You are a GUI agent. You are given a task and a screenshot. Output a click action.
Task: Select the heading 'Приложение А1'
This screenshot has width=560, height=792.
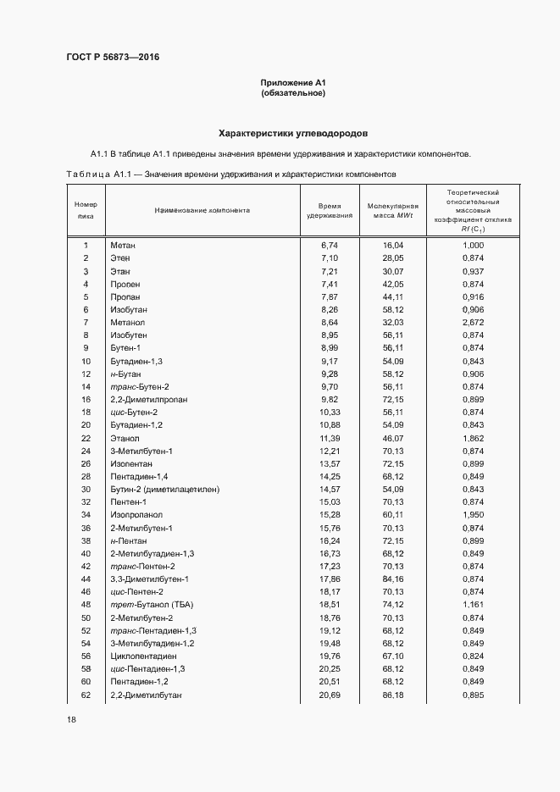(x=293, y=82)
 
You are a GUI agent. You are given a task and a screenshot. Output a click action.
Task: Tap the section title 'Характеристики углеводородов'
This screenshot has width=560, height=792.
(x=293, y=133)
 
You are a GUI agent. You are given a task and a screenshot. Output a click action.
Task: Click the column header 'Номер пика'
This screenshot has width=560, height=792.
(x=86, y=210)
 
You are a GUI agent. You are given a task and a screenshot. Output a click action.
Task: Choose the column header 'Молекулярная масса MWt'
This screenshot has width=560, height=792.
(x=393, y=211)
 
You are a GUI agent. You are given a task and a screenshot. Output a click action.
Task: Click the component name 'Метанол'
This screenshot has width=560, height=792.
(x=128, y=324)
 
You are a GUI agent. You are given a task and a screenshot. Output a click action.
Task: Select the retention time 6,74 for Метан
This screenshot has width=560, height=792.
(x=330, y=245)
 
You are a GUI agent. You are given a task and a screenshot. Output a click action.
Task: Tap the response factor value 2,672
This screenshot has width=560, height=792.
(x=474, y=324)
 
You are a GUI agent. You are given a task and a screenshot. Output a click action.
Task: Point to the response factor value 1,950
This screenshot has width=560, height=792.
(x=474, y=515)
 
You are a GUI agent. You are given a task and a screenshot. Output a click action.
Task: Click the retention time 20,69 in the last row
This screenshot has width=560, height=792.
(x=330, y=695)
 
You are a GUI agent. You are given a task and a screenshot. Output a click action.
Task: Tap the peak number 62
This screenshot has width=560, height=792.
(x=86, y=695)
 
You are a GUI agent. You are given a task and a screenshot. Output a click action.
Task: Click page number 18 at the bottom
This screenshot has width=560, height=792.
(x=71, y=720)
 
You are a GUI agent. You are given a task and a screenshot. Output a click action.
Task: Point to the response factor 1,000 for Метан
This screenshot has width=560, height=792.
(x=474, y=245)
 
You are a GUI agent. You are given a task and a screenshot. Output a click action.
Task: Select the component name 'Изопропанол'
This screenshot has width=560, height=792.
(x=135, y=515)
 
